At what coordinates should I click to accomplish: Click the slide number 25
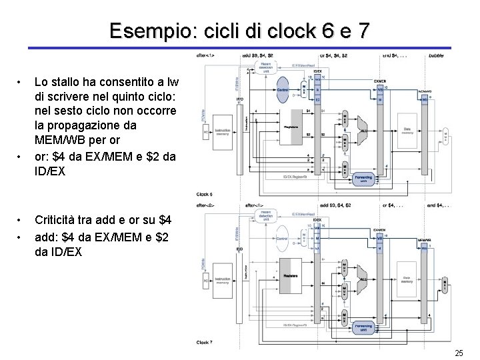click(x=458, y=352)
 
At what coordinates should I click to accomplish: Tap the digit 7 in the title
click(x=361, y=31)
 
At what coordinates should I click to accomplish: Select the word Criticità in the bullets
click(x=57, y=219)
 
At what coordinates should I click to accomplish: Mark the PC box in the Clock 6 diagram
click(x=207, y=131)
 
